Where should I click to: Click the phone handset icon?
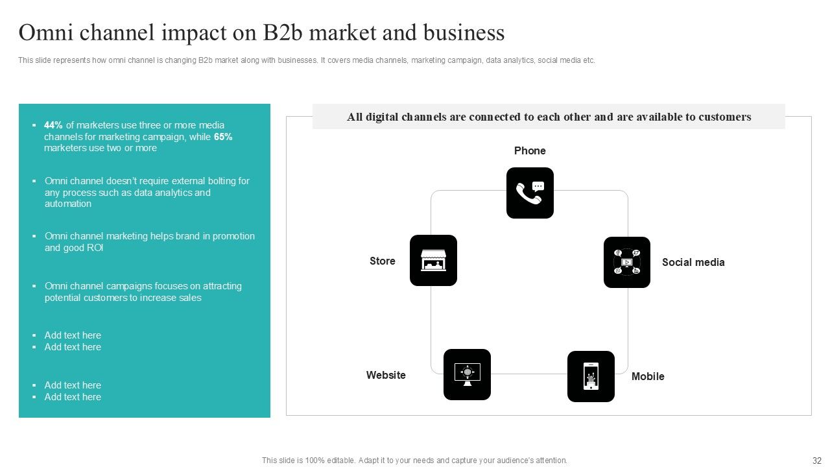[530, 193]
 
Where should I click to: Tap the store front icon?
[433, 260]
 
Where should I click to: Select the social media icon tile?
[627, 262]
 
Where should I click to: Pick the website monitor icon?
[467, 374]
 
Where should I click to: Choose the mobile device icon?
[591, 376]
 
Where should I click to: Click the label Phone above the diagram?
[530, 150]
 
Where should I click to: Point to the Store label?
[382, 261]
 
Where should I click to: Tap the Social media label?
[693, 262]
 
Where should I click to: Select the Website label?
[386, 375]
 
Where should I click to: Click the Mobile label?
[648, 376]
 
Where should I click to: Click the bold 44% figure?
[53, 125]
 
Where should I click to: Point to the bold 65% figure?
[223, 137]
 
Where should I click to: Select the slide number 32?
[817, 461]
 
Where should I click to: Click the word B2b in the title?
[282, 32]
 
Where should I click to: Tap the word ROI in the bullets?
[95, 248]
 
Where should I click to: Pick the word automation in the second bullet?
[68, 204]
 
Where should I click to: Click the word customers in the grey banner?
[725, 117]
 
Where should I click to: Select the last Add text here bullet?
[73, 397]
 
